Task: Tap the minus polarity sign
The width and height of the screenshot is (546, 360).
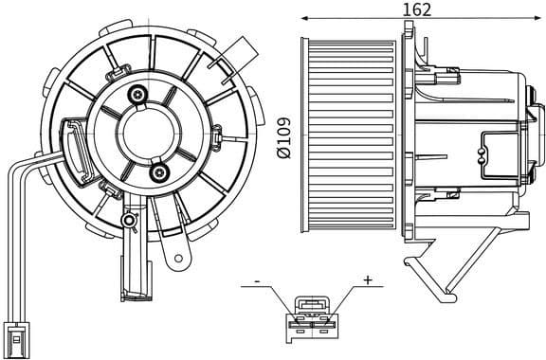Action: click(x=256, y=281)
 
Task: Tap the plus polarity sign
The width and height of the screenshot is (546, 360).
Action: click(x=367, y=280)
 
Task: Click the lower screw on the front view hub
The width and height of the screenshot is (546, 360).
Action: click(x=158, y=172)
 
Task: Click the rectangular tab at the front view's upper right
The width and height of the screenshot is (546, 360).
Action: click(x=248, y=47)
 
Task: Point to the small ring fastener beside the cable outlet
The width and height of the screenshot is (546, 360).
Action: click(x=129, y=220)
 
